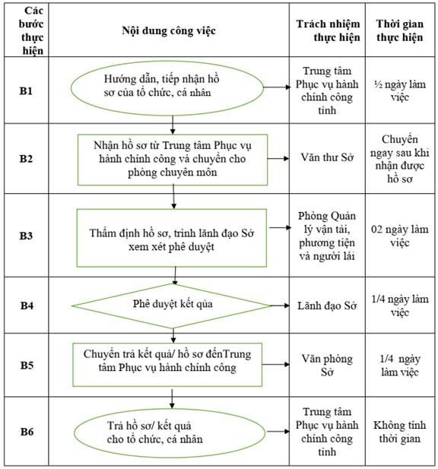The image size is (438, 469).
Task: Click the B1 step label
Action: tap(26, 91)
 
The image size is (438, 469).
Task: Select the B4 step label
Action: tap(27, 306)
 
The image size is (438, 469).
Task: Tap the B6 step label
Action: tap(27, 432)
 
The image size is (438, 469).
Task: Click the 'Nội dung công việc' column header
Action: tap(169, 30)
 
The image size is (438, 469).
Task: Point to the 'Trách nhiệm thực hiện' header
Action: tap(328, 30)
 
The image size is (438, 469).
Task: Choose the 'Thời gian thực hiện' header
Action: tap(400, 30)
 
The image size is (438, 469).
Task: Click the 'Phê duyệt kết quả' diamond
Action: tap(171, 306)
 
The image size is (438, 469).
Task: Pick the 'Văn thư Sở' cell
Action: tap(327, 157)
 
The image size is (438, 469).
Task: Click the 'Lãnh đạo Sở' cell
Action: tap(327, 306)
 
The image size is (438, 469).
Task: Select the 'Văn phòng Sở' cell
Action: tap(327, 365)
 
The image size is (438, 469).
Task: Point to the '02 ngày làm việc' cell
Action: tap(400, 236)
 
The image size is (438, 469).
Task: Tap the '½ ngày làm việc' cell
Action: tap(400, 90)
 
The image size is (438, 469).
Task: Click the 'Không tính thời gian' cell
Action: tap(400, 432)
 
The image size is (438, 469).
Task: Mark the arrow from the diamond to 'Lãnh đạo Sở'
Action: tap(280, 306)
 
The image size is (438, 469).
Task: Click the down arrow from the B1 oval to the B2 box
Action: tap(173, 125)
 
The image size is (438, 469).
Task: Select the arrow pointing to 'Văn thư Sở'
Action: tap(278, 158)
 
